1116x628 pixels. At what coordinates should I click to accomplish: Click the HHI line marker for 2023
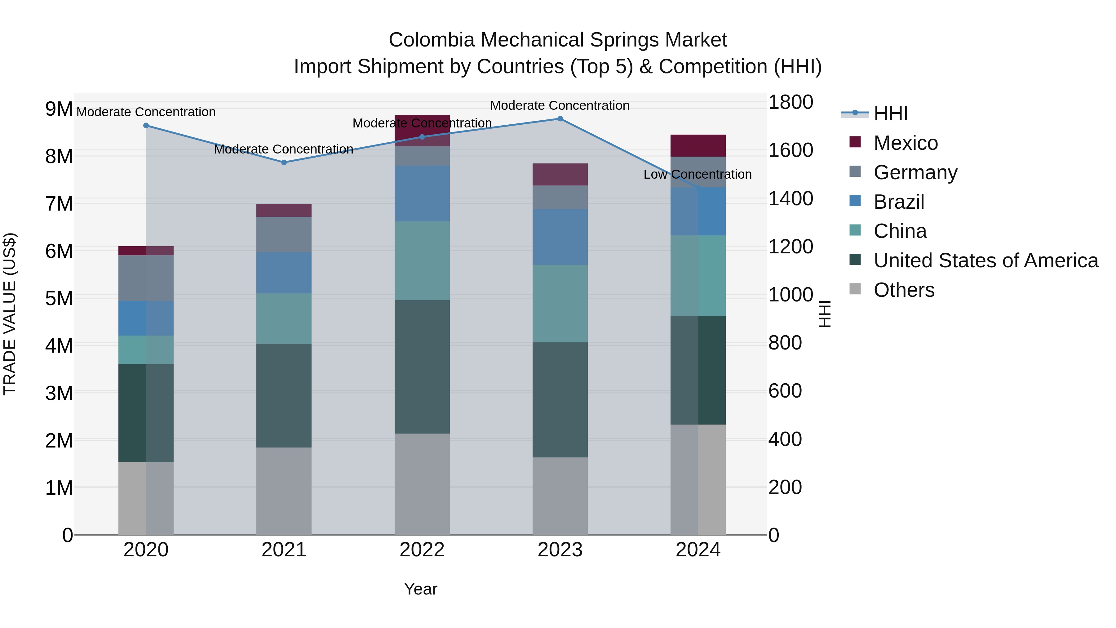[x=560, y=119]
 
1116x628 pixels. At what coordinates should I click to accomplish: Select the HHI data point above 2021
[x=284, y=163]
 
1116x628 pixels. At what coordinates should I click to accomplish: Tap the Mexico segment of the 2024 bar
[x=698, y=146]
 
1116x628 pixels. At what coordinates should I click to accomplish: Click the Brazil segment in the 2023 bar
[x=560, y=237]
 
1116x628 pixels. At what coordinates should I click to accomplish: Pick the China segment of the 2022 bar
[x=422, y=261]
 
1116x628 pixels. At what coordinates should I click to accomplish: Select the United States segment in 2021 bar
[x=284, y=396]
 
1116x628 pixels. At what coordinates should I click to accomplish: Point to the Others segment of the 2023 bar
[x=560, y=496]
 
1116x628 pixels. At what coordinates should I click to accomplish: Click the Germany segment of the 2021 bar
[x=284, y=234]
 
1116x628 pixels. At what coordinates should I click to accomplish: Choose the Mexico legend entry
[x=906, y=143]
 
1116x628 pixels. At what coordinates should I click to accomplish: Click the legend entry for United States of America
[x=985, y=261]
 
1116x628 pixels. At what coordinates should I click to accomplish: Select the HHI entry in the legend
[x=890, y=114]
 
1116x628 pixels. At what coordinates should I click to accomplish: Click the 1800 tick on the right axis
[x=790, y=102]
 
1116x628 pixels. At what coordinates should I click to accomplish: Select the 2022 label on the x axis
[x=422, y=550]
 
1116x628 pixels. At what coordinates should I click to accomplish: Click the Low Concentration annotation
[x=697, y=174]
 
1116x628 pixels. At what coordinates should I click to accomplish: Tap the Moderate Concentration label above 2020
[x=146, y=112]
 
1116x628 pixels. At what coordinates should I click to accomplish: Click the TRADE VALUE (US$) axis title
[x=10, y=314]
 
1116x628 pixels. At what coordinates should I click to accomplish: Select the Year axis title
[x=420, y=589]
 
